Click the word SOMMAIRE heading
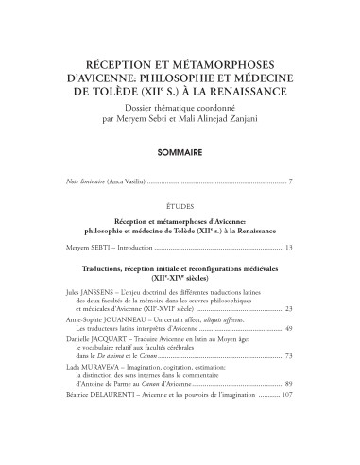pyautogui.click(x=180, y=150)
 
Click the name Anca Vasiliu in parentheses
pyautogui.click(x=140, y=179)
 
